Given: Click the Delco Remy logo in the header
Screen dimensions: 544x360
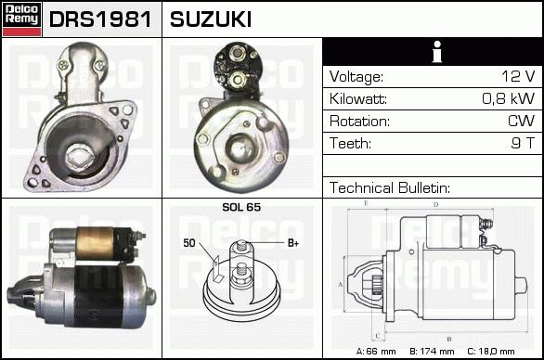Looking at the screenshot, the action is (x=21, y=19).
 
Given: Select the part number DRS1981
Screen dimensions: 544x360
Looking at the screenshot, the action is (x=100, y=19).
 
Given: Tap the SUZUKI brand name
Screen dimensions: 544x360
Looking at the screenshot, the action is (x=211, y=19).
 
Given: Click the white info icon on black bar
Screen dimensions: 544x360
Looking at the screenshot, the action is (x=437, y=52).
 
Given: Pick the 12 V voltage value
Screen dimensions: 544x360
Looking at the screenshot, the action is (x=518, y=76).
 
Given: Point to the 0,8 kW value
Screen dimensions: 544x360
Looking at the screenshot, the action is (x=509, y=98).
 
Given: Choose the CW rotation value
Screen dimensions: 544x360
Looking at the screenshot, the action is (x=521, y=121).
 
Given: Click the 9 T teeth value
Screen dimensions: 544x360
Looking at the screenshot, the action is (x=524, y=143).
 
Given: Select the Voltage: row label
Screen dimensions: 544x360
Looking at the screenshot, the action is (x=356, y=77).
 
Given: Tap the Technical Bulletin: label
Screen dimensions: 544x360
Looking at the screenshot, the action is (x=390, y=187).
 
